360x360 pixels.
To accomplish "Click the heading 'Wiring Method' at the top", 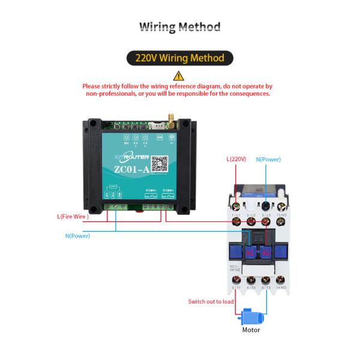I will point(180,27).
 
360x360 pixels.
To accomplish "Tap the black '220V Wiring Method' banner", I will point(180,58).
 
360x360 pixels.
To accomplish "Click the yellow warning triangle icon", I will point(179,76).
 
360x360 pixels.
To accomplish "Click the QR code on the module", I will point(158,164).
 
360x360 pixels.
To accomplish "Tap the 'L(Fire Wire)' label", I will point(73,216).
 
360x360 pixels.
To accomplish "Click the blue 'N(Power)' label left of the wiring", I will point(77,236).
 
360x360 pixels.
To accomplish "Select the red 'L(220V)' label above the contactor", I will point(236,159).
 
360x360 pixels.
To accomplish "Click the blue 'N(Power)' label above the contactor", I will point(268,159).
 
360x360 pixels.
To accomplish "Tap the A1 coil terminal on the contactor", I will point(250,253).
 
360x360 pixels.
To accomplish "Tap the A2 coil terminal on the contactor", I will point(266,253).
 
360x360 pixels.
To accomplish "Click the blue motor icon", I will point(250,316).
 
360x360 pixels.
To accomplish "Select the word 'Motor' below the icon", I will point(251,330).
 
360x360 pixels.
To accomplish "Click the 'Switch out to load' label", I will point(211,301).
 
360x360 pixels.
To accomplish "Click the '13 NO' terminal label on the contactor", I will point(281,215).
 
